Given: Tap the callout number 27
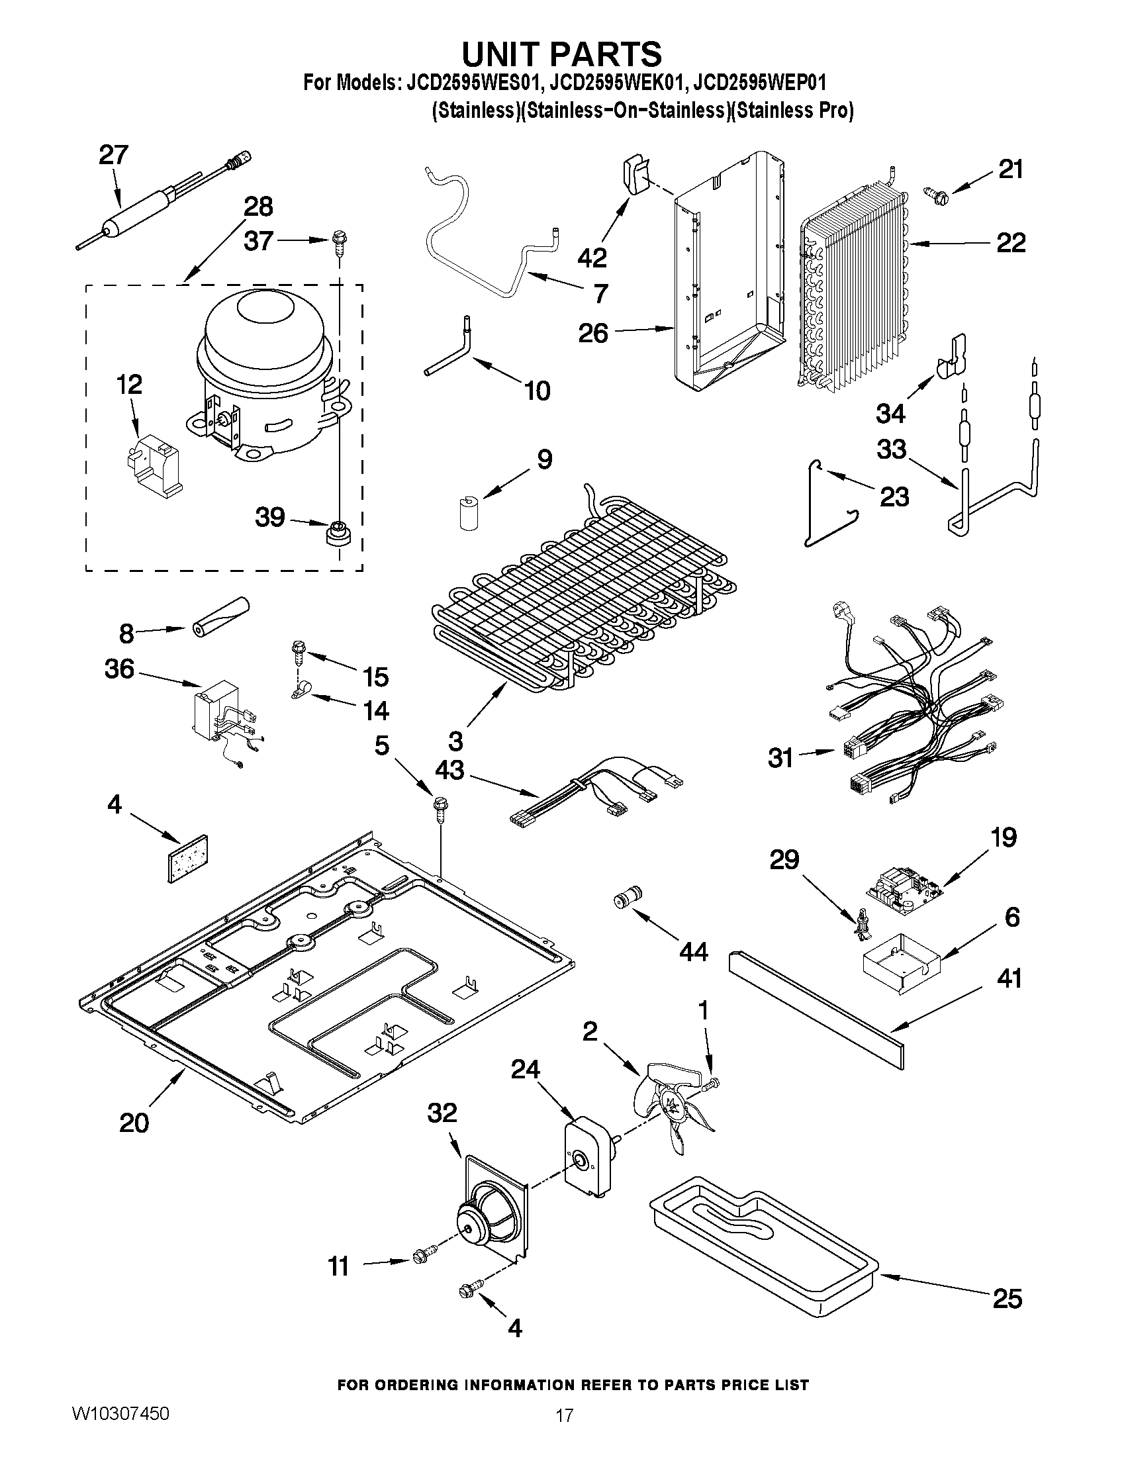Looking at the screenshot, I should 113,155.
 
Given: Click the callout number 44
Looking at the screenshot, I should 693,952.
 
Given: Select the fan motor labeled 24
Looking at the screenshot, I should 588,1164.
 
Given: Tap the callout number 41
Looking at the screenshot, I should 1009,978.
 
